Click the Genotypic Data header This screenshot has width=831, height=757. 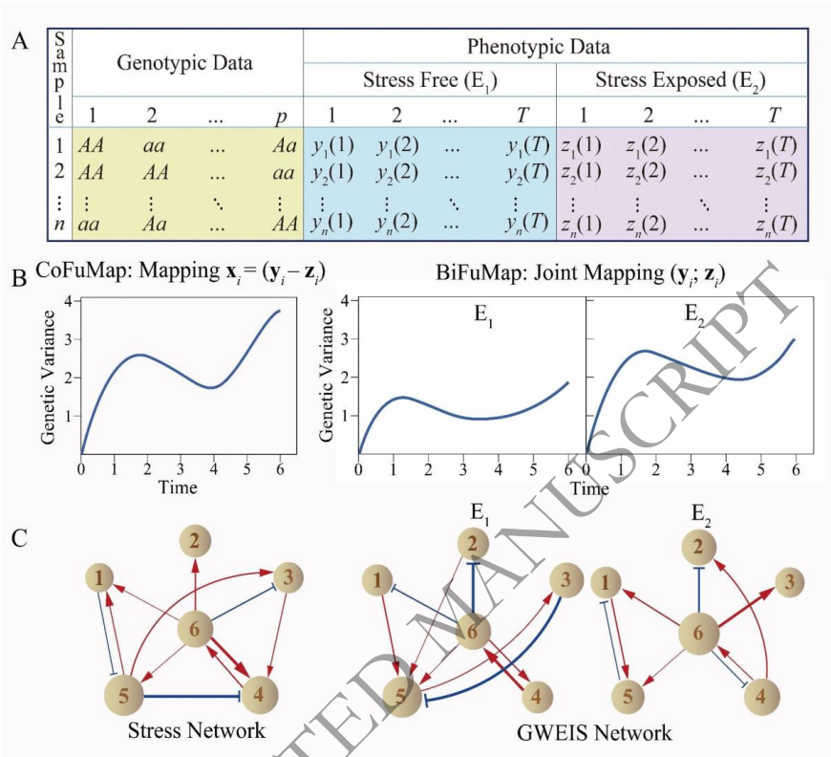tap(185, 64)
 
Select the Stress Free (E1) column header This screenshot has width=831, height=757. tap(430, 79)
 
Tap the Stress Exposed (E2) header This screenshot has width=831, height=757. tap(682, 79)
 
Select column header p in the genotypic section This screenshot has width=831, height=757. tap(281, 116)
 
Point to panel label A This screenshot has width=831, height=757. tap(21, 41)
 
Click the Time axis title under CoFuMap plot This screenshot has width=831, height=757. tap(178, 487)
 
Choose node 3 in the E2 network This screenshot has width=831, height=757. tap(787, 580)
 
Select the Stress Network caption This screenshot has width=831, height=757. tap(196, 731)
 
